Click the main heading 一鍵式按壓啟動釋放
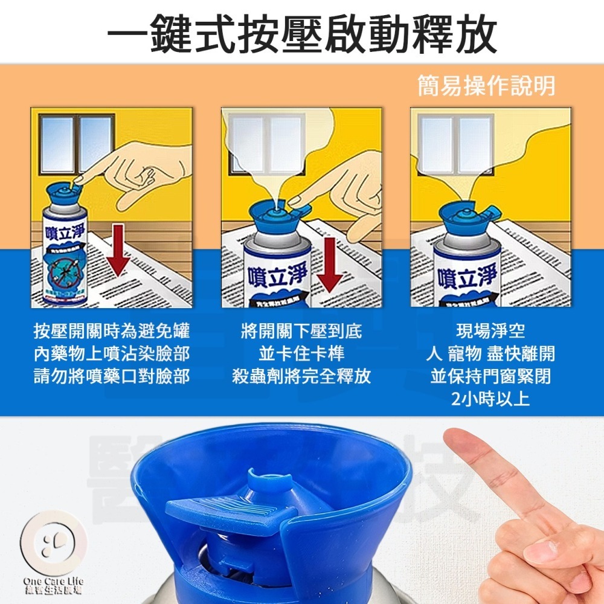coord(302,33)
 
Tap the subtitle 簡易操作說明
coord(486,86)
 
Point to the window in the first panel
coord(77,143)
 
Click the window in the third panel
coord(457,145)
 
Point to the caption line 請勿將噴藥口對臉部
coord(112,377)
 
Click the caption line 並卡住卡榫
coord(301,354)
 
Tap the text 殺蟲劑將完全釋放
coord(301,377)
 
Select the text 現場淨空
coord(490,331)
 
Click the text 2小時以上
coord(490,400)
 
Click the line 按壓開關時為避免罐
coord(112,331)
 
